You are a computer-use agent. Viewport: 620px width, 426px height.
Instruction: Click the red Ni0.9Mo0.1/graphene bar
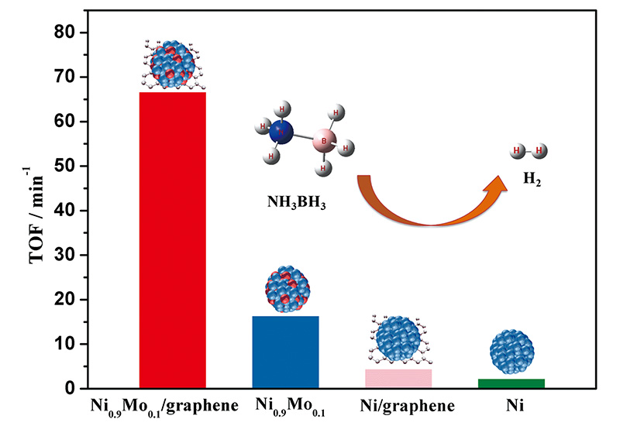click(172, 240)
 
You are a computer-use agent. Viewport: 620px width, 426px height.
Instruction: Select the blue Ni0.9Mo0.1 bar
click(285, 352)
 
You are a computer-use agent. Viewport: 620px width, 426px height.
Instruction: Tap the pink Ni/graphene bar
click(398, 378)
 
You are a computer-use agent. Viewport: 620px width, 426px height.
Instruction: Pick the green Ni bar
click(511, 383)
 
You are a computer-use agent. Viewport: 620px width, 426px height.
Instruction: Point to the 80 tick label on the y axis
click(64, 32)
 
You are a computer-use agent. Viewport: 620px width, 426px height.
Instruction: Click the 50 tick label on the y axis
click(64, 166)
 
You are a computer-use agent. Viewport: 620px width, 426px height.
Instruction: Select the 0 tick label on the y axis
click(70, 389)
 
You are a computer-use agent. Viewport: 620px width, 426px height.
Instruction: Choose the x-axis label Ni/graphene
click(408, 406)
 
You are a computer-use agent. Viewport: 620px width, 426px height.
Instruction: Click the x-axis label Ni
click(515, 405)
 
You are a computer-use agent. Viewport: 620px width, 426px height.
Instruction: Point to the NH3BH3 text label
click(297, 203)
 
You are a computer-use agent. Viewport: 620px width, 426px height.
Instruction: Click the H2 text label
click(532, 179)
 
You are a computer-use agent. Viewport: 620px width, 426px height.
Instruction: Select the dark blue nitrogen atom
click(281, 132)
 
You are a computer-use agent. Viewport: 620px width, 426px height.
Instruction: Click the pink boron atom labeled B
click(324, 141)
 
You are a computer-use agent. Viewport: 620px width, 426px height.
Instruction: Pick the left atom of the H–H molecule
click(517, 150)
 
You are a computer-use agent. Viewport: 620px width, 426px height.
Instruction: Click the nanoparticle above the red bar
click(172, 64)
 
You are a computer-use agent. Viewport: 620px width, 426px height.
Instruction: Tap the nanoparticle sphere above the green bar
click(511, 352)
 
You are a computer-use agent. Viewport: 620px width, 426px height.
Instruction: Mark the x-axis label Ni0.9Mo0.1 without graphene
click(290, 407)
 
